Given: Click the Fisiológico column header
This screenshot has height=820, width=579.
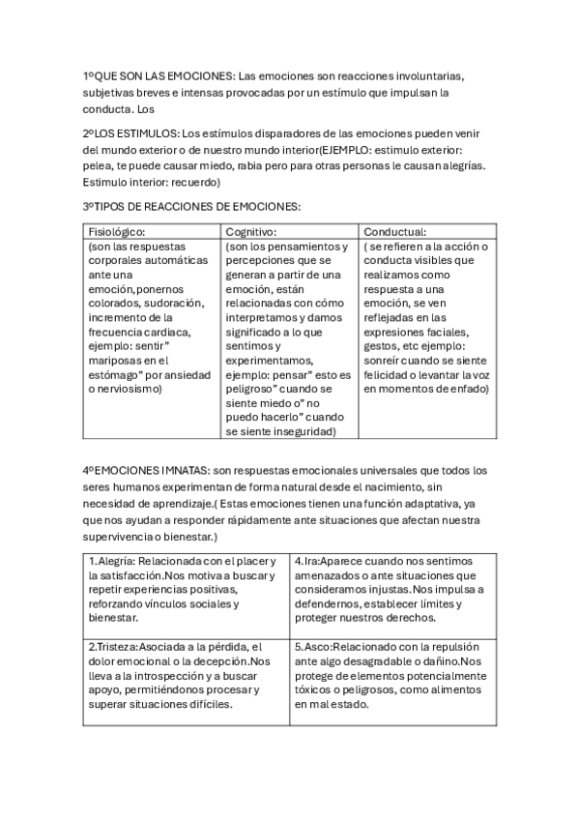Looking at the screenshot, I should [x=116, y=232].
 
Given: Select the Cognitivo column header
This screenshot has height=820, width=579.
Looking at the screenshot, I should [x=251, y=232].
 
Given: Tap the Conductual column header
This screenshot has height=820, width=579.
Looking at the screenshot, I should [x=395, y=232].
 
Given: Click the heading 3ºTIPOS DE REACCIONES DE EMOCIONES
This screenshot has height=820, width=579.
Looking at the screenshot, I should [x=191, y=206].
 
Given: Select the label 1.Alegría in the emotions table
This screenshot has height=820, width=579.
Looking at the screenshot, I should [x=111, y=561].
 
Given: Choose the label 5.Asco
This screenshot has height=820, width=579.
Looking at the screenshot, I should [x=310, y=647].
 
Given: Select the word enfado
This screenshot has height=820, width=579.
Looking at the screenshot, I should [x=468, y=389].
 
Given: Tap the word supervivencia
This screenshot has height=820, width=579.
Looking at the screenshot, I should [x=123, y=536].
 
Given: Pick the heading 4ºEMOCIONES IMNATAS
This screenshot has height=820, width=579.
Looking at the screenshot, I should [x=146, y=470].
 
